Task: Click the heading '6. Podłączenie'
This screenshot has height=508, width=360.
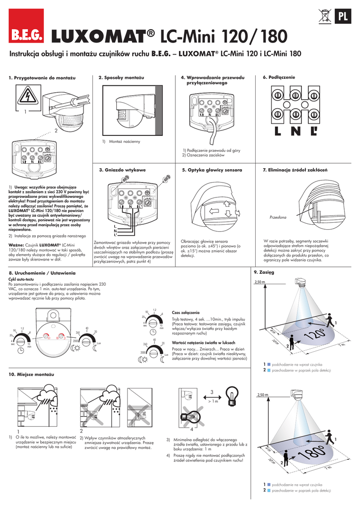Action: pyautogui.click(x=279, y=78)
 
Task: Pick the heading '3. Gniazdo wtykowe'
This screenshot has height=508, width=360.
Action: pyautogui.click(x=122, y=170)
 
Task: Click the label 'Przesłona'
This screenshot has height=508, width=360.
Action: pyautogui.click(x=278, y=218)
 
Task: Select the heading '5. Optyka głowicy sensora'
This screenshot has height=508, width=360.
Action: pyautogui.click(x=212, y=170)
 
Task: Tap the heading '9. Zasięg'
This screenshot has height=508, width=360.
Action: pyautogui.click(x=263, y=272)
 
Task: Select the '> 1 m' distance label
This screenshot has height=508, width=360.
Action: pyautogui.click(x=213, y=401)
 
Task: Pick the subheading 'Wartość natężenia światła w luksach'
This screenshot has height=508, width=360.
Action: pyautogui.click(x=203, y=343)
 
